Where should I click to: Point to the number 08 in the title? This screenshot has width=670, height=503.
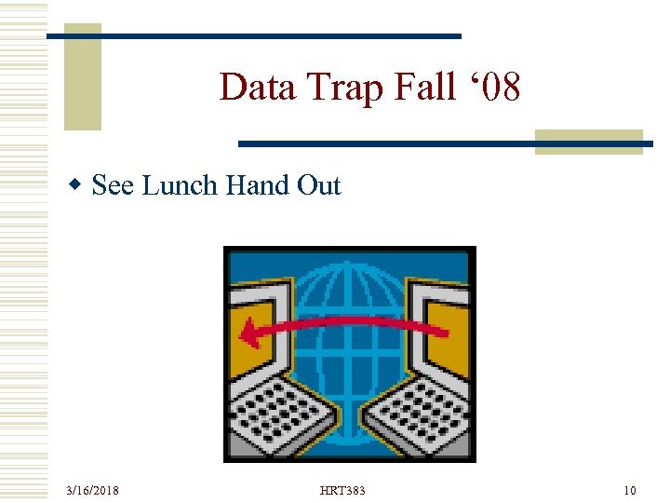click(501, 88)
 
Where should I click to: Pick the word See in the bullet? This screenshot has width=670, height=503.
click(114, 186)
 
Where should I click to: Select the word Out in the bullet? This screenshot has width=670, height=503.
click(319, 186)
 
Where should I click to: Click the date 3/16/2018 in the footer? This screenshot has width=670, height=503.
click(92, 490)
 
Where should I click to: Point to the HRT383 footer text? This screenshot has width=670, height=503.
click(342, 490)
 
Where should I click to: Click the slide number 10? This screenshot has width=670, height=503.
click(630, 490)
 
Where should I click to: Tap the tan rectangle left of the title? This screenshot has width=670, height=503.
click(82, 79)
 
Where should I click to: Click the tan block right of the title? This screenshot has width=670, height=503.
click(589, 142)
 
